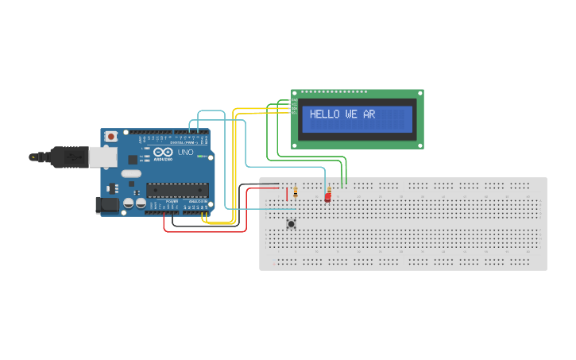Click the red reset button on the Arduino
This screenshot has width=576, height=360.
pos(111,137)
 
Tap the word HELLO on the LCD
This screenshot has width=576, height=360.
pos(324,114)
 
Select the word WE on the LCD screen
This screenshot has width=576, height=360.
pos(351,114)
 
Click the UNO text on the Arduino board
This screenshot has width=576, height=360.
pos(185,152)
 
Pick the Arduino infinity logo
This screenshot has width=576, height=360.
pos(164,152)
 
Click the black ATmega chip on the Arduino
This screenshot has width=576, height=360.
pos(177,190)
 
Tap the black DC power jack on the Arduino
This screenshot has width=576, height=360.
pos(106,205)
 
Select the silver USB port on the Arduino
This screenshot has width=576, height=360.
pos(102,157)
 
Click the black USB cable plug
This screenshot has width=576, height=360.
pos(68,157)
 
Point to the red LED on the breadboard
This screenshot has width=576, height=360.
pos(327,197)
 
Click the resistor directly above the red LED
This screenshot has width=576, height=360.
pos(329,188)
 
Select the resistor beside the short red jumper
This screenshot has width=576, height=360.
pos(296,192)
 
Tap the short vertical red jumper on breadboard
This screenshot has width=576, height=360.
pos(287,193)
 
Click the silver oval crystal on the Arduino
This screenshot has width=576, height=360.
pos(131,172)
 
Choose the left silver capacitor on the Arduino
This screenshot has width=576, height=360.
pos(128,203)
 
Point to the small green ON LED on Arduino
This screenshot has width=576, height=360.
pos(141,159)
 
